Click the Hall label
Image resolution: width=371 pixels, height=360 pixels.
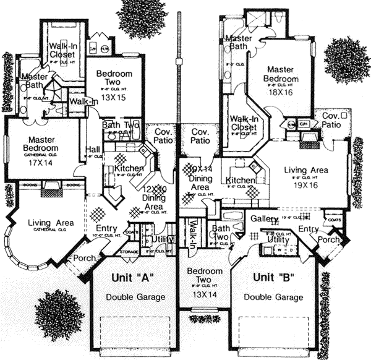click(93, 150)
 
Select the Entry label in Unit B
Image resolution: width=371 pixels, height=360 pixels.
click(307, 229)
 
